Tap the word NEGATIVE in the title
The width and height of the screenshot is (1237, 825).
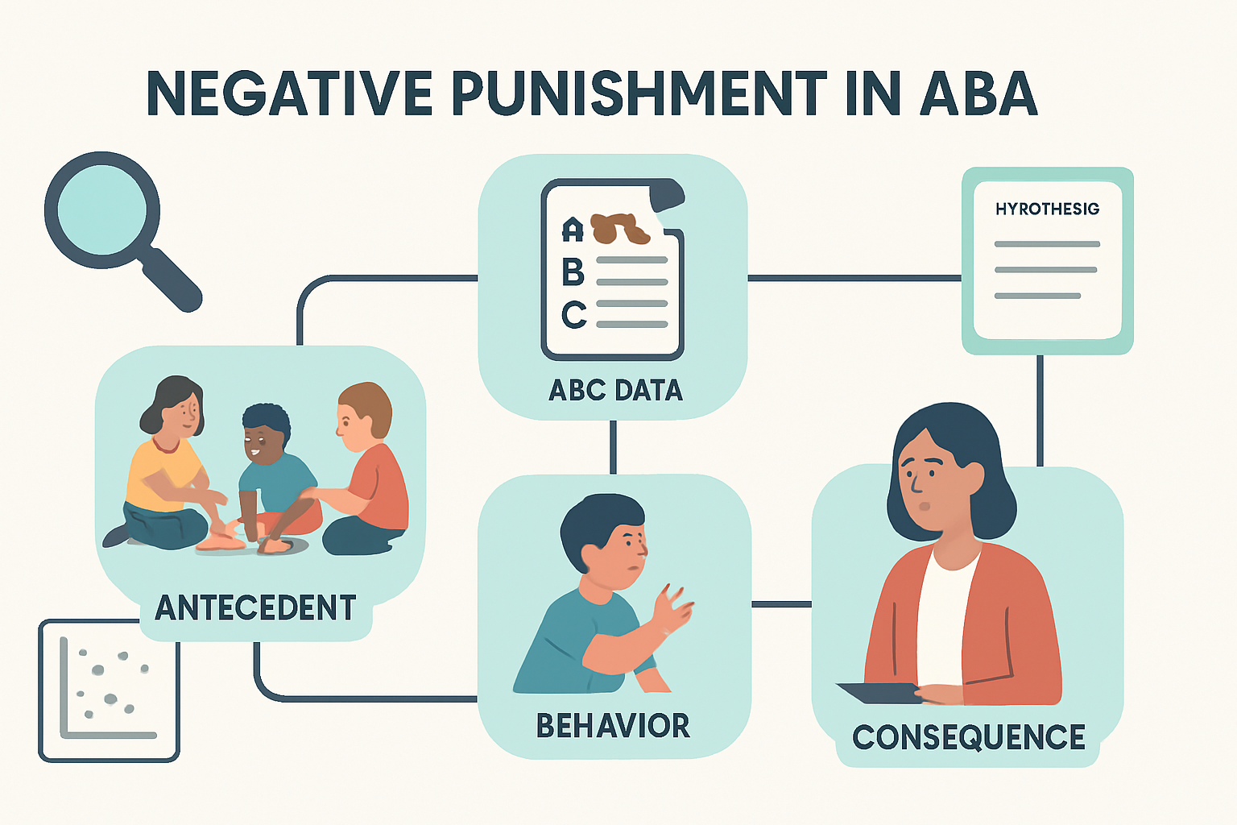pos(290,93)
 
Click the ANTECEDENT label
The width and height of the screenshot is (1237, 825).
pos(255,608)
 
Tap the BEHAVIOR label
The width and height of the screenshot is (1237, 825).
pos(613,726)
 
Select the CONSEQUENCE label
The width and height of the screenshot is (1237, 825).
pos(969,737)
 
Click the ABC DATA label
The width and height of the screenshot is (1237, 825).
pos(615,391)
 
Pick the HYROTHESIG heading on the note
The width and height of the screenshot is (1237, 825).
pos(1047,209)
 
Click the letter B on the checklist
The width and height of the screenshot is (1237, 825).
pos(573,272)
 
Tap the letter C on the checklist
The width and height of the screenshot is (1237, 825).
pos(573,314)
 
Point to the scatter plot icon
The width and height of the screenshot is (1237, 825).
pos(109,690)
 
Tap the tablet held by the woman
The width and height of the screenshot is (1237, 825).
pos(879,692)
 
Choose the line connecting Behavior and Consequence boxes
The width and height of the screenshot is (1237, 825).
pos(781,604)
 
